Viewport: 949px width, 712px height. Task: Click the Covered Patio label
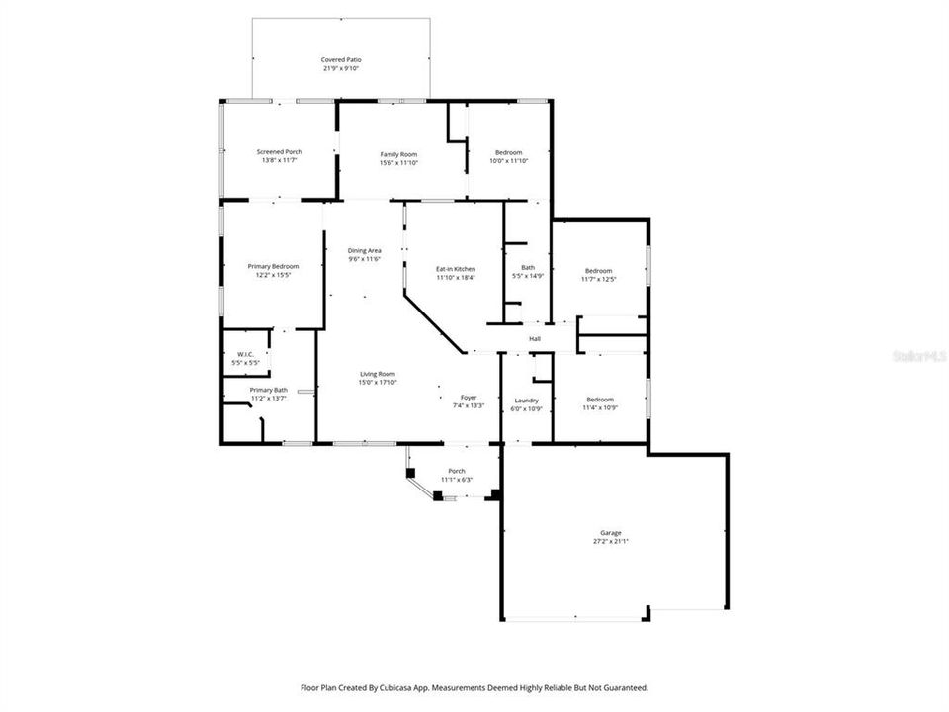tap(341, 60)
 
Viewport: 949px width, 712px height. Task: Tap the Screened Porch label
tap(280, 151)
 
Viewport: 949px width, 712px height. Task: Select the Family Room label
tap(399, 154)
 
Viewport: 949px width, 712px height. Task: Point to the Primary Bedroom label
tap(273, 266)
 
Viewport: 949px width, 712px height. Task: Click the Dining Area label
tap(364, 250)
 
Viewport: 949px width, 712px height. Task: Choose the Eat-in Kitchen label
tap(456, 269)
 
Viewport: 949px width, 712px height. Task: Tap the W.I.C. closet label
tap(245, 355)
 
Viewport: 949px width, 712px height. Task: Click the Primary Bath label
tap(268, 390)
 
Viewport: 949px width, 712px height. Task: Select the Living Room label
tap(378, 373)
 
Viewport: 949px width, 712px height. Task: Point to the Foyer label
tap(469, 398)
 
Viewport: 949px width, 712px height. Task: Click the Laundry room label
tap(526, 400)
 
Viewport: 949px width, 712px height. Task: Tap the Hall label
tap(535, 339)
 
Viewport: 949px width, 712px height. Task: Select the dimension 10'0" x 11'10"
tap(509, 160)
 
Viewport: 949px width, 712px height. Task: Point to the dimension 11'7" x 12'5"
tap(598, 279)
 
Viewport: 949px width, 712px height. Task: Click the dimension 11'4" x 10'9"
tap(599, 407)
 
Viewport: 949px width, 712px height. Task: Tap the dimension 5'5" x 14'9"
tap(527, 277)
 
